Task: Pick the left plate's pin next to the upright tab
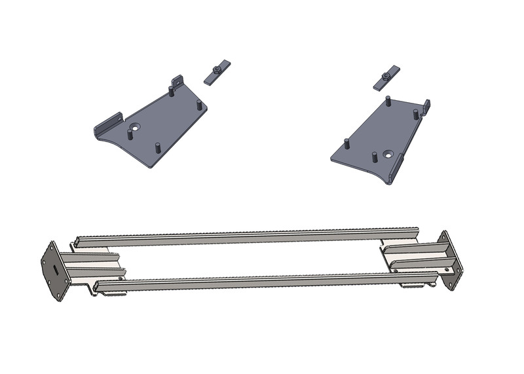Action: (172, 91)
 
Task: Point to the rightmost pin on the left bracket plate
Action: (198, 105)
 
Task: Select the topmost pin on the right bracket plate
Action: (388, 102)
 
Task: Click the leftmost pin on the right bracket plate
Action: (345, 144)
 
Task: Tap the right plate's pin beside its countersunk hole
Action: (373, 157)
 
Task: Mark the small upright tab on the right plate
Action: (426, 105)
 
